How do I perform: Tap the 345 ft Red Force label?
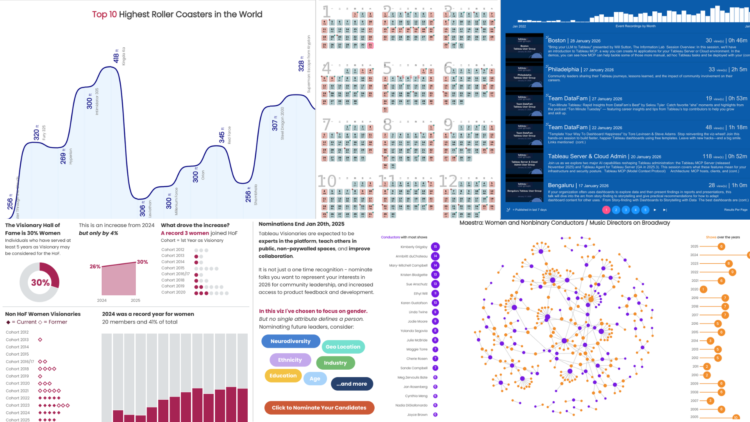click(222, 135)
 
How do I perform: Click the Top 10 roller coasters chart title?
click(177, 14)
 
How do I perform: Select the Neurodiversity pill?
click(291, 341)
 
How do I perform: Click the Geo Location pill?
click(343, 347)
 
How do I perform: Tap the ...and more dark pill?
click(352, 384)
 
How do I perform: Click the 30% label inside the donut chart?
click(40, 283)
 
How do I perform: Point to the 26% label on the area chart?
click(95, 266)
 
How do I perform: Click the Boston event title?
click(557, 40)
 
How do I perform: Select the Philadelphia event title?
click(563, 69)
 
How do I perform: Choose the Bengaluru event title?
click(561, 185)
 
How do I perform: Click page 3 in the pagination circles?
click(626, 210)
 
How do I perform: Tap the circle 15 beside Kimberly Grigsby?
click(435, 247)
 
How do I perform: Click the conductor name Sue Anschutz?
click(416, 284)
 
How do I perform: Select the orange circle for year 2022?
click(732, 272)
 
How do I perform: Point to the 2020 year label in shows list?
click(694, 290)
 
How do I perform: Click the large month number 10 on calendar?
click(327, 181)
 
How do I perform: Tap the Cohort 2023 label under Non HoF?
click(18, 405)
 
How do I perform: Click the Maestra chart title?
click(564, 223)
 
